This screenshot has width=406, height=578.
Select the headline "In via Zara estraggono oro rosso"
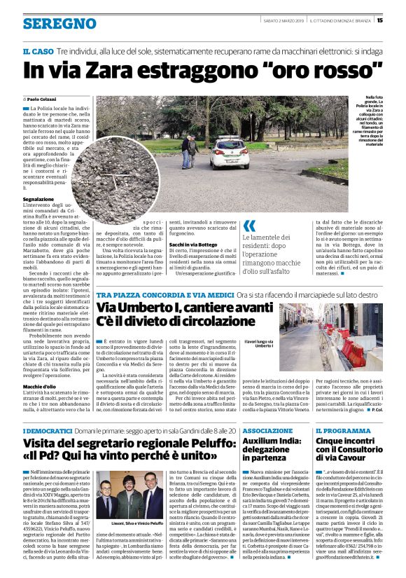coord(203,70)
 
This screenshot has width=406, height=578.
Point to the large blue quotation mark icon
coord(249,226)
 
